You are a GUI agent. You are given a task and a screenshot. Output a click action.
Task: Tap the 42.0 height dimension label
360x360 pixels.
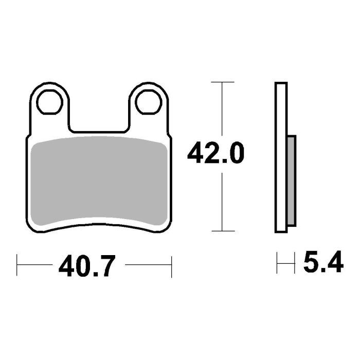(215, 154)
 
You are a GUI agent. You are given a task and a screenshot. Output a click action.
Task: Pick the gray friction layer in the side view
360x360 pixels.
(291, 180)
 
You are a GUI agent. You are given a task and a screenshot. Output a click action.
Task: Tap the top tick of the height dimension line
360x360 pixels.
(222, 82)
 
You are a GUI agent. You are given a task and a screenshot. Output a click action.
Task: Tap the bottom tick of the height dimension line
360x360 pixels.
(222, 231)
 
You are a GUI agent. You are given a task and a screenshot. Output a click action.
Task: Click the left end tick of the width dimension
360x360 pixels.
(18, 265)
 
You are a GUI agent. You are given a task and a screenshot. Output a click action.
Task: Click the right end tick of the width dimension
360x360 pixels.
(171, 265)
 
